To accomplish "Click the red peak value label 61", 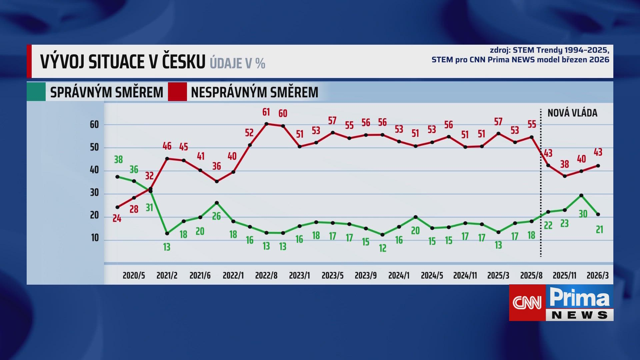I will (266, 112).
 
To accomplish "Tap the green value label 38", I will (118, 160).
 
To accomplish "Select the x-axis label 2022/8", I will (266, 276).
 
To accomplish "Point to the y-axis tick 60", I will (94, 125).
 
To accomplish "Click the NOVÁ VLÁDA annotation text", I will (572, 113).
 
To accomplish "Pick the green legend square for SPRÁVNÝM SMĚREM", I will (36, 92).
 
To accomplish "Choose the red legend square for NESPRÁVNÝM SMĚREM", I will (177, 92).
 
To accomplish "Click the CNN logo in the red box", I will (527, 303).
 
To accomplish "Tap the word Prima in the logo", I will (579, 297).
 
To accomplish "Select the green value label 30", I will (583, 214).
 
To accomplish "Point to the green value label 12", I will (383, 248).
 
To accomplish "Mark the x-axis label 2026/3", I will (598, 276).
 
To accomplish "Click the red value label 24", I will (117, 219).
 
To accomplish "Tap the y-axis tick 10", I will (95, 238).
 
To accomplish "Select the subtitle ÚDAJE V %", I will (237, 63).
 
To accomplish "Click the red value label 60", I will (283, 113).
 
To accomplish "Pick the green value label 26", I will (216, 216).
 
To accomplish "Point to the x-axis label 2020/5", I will (134, 276).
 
